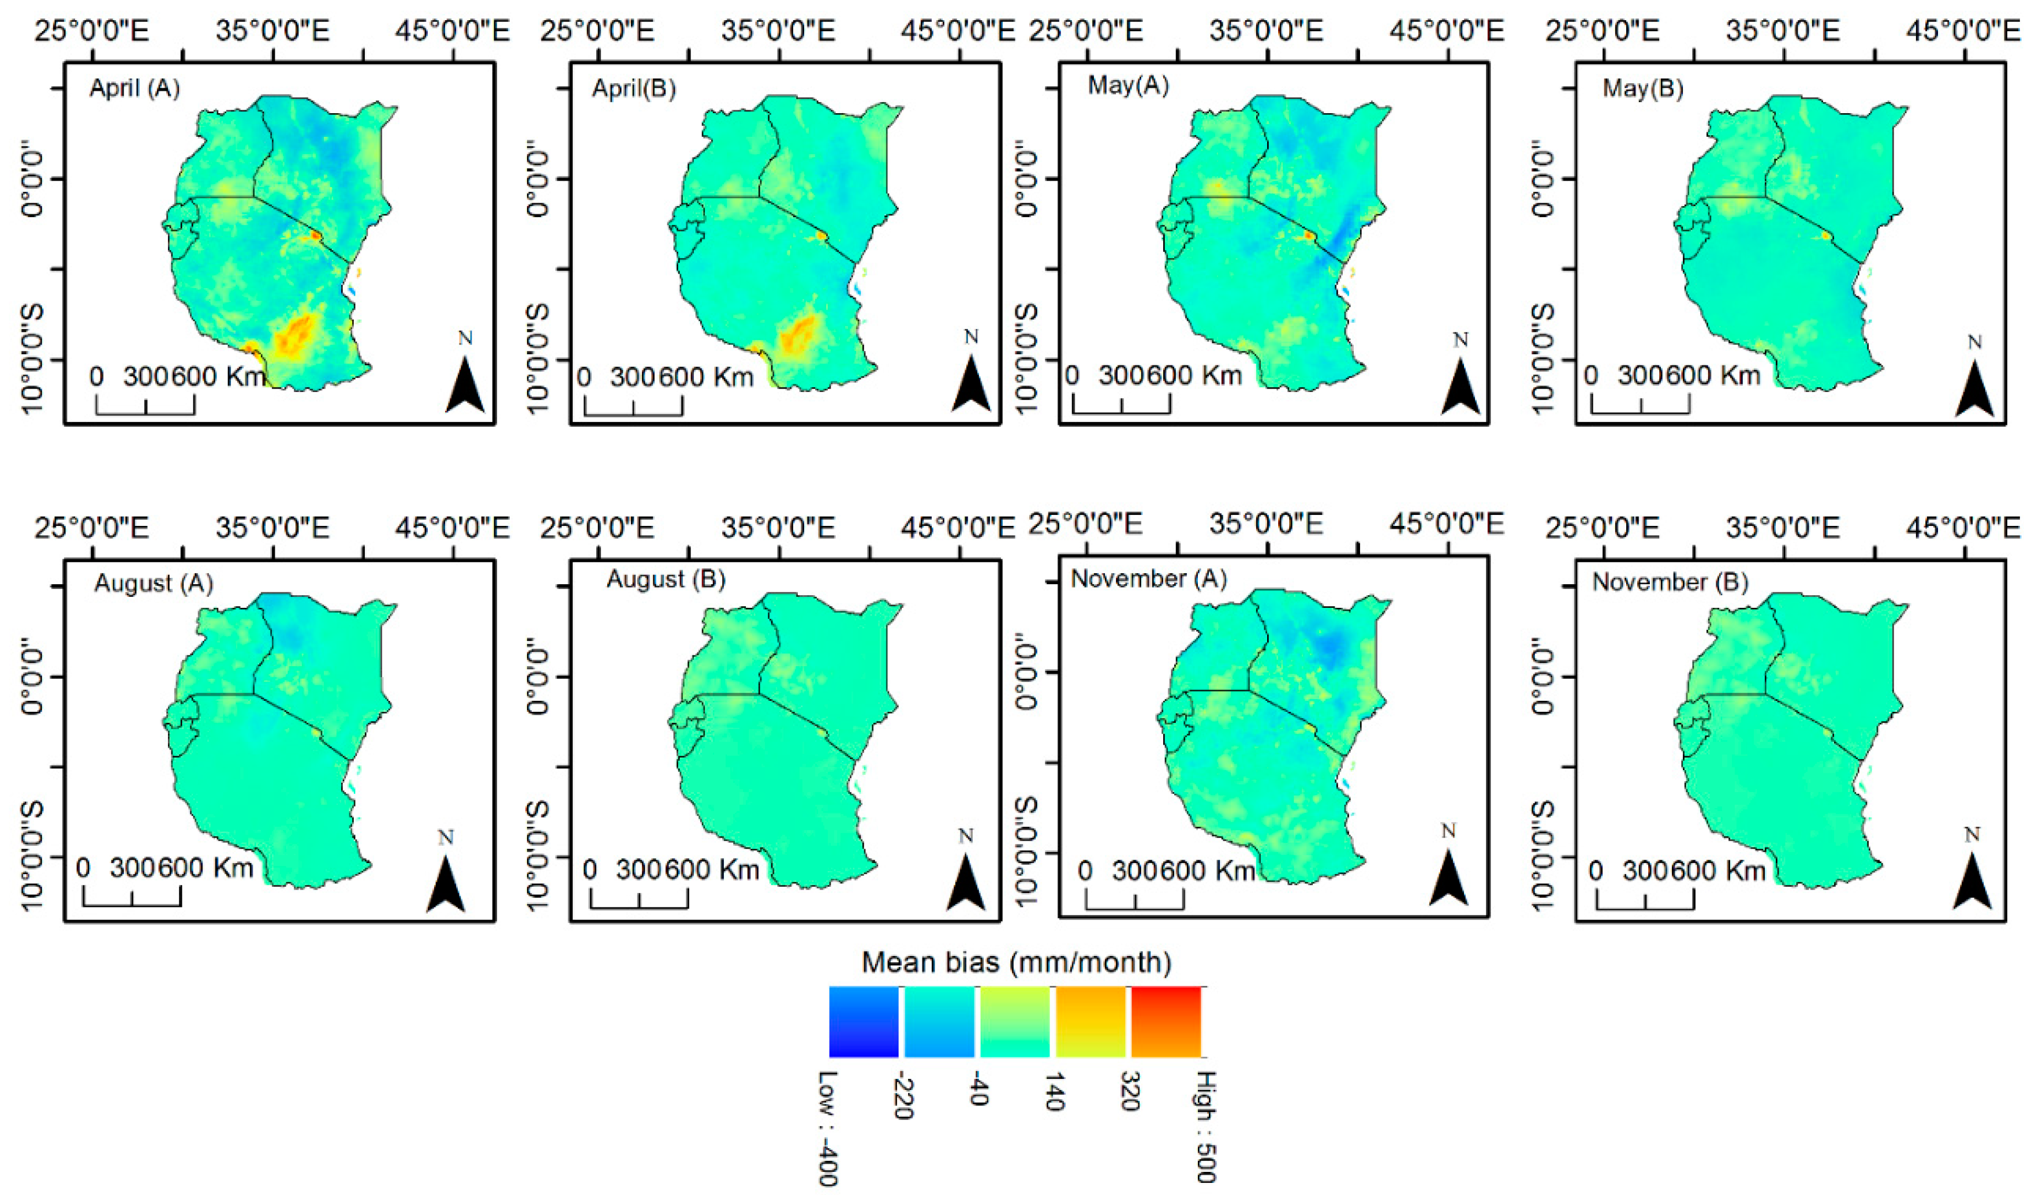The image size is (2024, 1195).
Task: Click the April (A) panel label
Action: pos(135,88)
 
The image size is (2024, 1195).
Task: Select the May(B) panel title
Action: pos(1642,88)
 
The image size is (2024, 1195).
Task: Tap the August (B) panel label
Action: pos(665,579)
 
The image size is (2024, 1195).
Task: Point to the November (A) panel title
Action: pos(1148,578)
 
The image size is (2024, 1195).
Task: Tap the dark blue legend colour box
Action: pos(864,1021)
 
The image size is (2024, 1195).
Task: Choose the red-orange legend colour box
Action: pos(1166,1021)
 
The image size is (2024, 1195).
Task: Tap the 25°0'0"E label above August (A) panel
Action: pos(92,528)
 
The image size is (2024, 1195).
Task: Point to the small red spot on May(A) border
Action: pos(1309,236)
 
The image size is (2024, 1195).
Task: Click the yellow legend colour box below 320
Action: pos(1090,1021)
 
